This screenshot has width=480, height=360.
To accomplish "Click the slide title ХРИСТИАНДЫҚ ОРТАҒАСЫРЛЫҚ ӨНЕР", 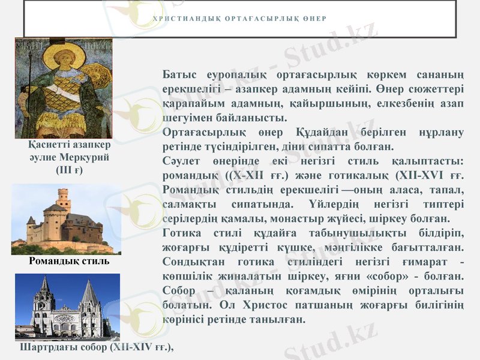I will [x=239, y=18].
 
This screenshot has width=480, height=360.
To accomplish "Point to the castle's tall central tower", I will [x=63, y=201].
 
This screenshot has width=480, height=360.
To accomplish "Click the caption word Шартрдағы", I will [x=44, y=347].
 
